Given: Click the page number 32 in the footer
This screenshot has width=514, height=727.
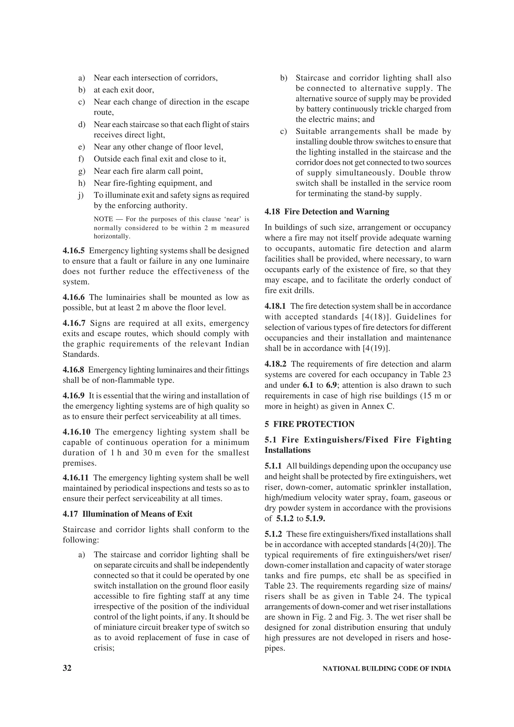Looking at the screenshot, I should click(x=67, y=668).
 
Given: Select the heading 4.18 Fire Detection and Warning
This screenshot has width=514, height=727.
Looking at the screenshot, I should click(x=327, y=211).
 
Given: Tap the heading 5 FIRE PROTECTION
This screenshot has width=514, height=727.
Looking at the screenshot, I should click(x=309, y=424).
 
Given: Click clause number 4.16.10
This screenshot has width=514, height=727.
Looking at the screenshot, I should click(x=76, y=432).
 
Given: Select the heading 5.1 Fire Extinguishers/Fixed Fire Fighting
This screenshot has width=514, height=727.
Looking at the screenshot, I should click(x=358, y=440).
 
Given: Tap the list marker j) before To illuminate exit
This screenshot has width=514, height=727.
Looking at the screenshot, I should click(x=81, y=195).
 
